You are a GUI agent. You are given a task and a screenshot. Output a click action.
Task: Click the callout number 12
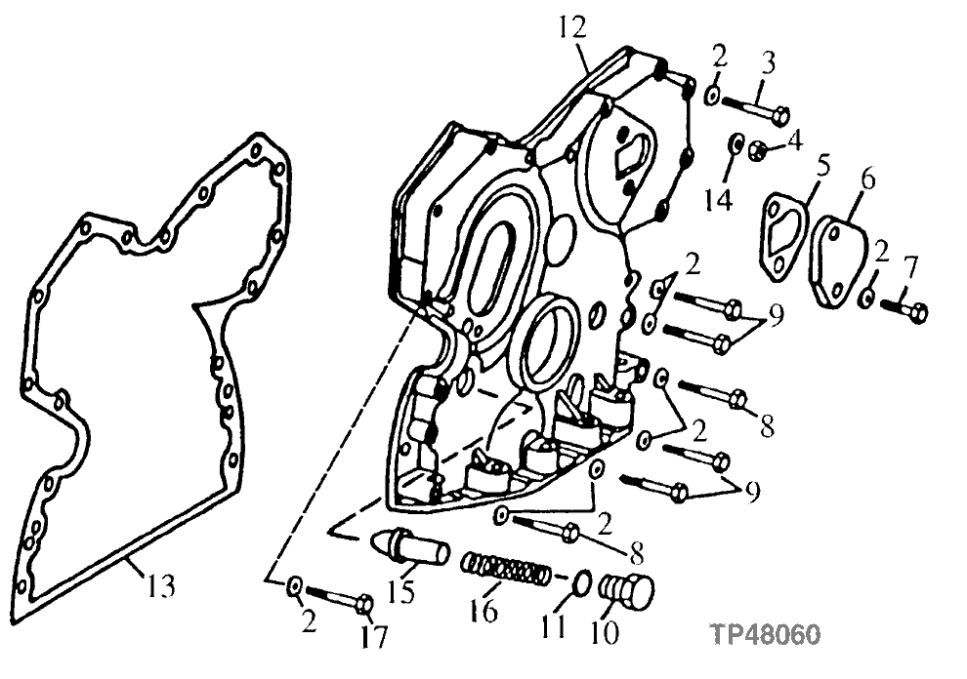click(x=573, y=26)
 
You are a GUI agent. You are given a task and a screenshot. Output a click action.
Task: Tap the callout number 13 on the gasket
click(x=162, y=587)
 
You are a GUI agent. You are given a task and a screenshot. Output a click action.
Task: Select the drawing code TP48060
click(x=765, y=635)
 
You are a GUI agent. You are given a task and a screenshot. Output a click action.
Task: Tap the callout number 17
click(x=373, y=637)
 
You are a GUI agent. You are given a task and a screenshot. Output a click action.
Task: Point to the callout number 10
click(x=606, y=634)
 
